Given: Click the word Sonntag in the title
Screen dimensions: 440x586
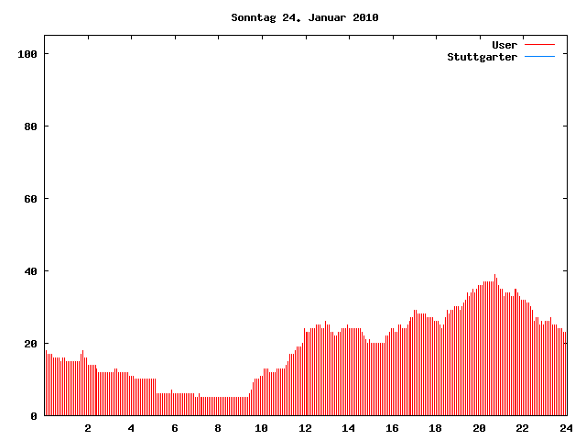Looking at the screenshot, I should [x=251, y=17].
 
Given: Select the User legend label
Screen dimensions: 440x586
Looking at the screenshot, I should [x=505, y=44].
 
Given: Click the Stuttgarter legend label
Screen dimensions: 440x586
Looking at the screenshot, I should [x=482, y=57].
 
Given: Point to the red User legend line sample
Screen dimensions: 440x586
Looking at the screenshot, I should [x=540, y=44].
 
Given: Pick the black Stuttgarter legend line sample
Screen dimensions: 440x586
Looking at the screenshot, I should [x=540, y=57].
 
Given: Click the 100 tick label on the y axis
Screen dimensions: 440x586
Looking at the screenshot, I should [x=27, y=54].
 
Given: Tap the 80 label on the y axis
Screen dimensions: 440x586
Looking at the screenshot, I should [x=30, y=126].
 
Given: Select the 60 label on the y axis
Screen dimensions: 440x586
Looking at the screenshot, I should [x=30, y=199].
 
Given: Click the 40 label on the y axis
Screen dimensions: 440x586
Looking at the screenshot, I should [x=30, y=271].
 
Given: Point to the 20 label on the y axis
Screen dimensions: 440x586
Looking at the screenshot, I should [x=30, y=344].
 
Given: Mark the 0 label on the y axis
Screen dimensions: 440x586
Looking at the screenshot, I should [x=34, y=416].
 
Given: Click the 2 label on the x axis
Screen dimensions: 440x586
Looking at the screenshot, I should [x=88, y=428].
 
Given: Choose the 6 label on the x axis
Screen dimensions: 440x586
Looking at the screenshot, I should [x=175, y=428].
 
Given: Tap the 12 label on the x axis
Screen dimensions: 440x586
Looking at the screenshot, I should [x=305, y=428].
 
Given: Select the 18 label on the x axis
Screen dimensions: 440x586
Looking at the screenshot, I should [x=435, y=428].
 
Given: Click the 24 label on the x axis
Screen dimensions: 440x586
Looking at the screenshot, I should [x=565, y=428].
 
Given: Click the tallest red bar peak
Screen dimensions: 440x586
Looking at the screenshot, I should [x=495, y=276].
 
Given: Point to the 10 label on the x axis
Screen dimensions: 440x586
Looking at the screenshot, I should [x=262, y=428].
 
